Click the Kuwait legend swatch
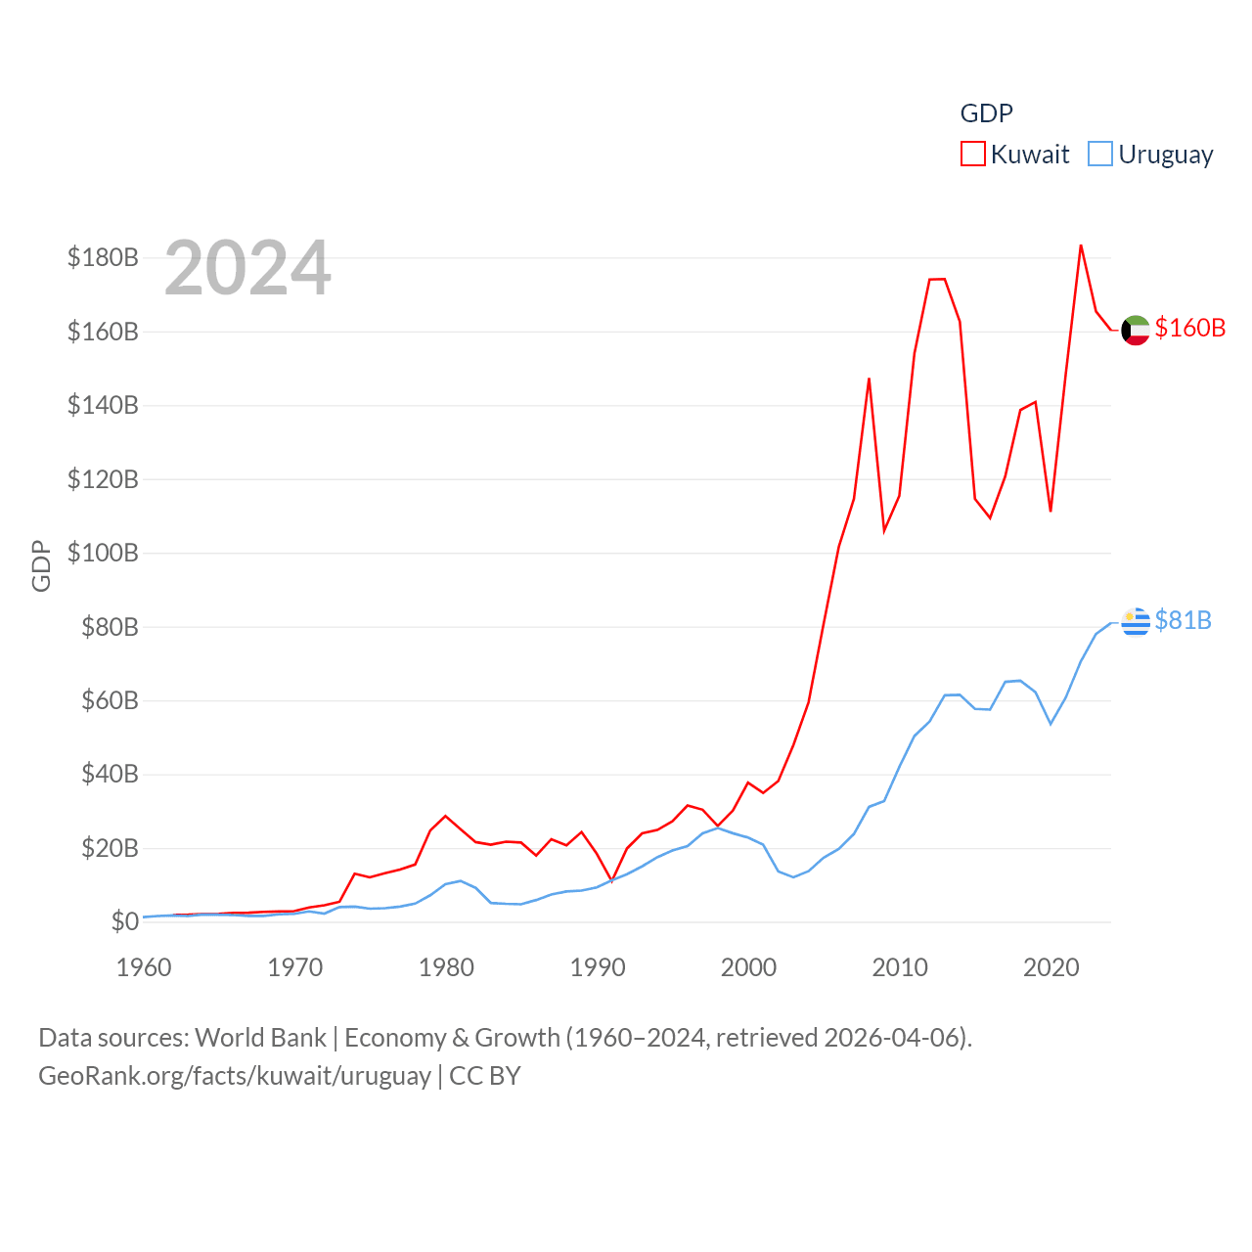coord(972,155)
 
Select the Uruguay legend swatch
coord(1100,155)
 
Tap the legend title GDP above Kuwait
coord(986,113)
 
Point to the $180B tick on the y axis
coord(103,257)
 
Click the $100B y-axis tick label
coord(103,553)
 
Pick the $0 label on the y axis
coord(124,921)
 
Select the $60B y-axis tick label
coord(110,700)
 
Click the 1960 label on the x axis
coord(144,967)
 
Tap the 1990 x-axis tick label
coord(598,967)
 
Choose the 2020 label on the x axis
coord(1051,967)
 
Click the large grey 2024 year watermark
coord(247,268)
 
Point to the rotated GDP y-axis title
coord(41,565)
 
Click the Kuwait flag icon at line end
coord(1136,331)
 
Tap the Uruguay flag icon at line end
coord(1136,621)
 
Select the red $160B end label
coord(1189,328)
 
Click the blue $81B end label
coord(1183,620)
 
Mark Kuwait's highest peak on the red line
coord(1081,246)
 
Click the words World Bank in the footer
coord(260,1037)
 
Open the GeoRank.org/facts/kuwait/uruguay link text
coord(235,1076)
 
